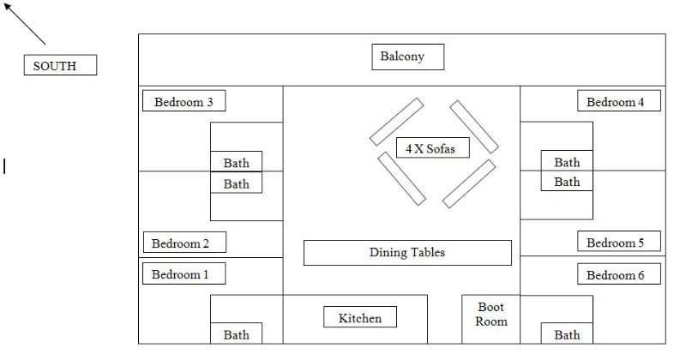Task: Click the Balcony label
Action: [408, 57]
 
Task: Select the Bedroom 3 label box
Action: [184, 101]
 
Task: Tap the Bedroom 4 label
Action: [619, 101]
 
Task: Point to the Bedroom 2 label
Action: [184, 243]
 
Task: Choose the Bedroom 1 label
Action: [184, 273]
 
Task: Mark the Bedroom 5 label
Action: [619, 241]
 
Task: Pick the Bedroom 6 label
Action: [619, 273]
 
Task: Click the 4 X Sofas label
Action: [433, 147]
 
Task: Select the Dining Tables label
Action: [407, 253]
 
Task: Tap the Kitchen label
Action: [360, 316]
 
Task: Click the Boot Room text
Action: [491, 314]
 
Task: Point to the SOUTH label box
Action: [60, 65]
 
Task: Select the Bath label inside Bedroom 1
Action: [237, 333]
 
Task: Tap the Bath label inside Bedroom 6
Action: [567, 333]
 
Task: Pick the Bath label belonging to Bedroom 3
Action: [237, 161]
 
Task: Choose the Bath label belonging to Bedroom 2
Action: [237, 183]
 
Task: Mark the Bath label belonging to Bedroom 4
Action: [567, 160]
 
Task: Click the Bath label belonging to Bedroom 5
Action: [567, 181]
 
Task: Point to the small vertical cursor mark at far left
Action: [4, 166]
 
